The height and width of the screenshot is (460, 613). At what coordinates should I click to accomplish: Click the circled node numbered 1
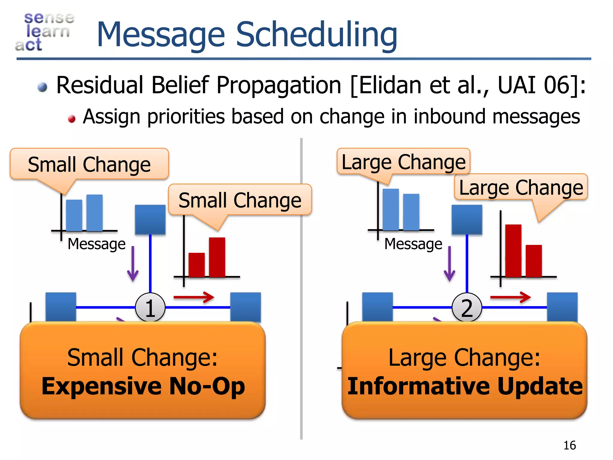(x=150, y=308)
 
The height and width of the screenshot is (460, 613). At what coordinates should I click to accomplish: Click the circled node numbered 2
(x=467, y=308)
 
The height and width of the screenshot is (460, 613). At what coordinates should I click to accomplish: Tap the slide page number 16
(x=569, y=445)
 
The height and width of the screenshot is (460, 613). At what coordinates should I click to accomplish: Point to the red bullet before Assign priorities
(x=72, y=119)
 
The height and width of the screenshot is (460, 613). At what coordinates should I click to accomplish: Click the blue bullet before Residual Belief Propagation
(x=43, y=87)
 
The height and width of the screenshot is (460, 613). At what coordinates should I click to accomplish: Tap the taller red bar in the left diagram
(x=217, y=257)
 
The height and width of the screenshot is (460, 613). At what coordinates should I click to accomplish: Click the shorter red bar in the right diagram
(x=534, y=261)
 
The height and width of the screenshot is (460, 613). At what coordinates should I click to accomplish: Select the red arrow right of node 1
(x=194, y=297)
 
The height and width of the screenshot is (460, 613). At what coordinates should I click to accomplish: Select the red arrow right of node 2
(x=511, y=297)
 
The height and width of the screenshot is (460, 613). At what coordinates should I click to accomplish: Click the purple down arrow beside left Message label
(x=133, y=264)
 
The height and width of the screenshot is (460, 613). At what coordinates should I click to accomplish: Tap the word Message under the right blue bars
(x=413, y=244)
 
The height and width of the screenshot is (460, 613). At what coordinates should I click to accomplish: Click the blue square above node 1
(x=150, y=220)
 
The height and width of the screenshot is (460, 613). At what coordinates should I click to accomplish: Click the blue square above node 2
(x=467, y=220)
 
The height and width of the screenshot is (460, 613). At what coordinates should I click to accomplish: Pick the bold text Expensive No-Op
(x=143, y=386)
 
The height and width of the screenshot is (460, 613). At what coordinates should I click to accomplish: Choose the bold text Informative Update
(x=465, y=386)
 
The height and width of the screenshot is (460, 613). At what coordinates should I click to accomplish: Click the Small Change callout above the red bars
(x=240, y=200)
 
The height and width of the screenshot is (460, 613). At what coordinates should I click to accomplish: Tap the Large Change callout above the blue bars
(x=403, y=162)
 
